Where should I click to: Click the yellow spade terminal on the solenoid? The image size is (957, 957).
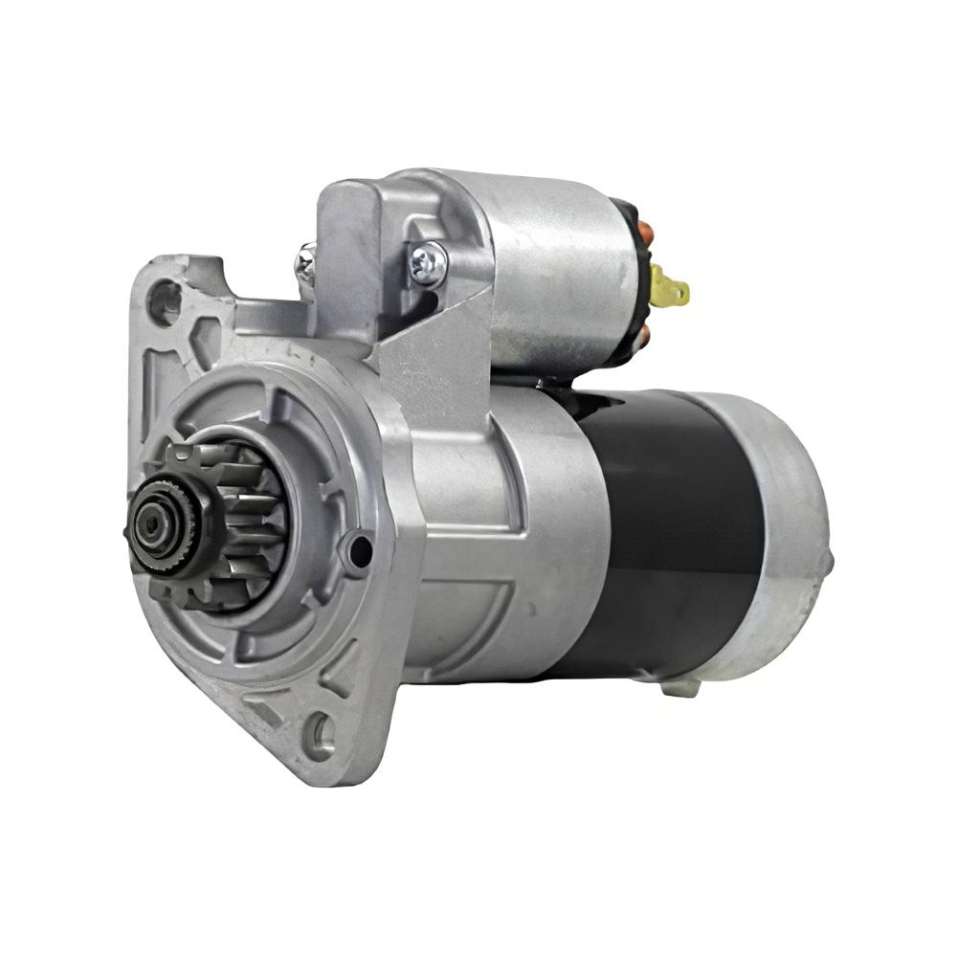coord(669,286)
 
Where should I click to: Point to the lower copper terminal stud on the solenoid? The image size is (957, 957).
coord(643,334)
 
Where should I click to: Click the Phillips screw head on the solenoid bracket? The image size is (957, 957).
coord(428,262)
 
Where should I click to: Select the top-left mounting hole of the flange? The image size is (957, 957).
coord(164,302)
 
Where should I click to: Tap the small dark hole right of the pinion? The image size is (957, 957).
coord(360,551)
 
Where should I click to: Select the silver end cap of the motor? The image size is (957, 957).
coord(785,536)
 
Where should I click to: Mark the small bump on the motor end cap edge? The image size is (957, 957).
coord(827,562)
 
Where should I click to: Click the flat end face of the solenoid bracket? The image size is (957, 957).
coord(349,258)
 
